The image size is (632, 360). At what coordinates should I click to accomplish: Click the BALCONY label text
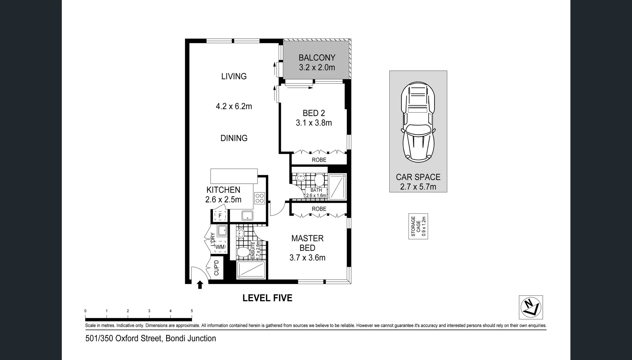tap(316, 58)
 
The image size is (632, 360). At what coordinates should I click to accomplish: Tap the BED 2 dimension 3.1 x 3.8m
tap(314, 123)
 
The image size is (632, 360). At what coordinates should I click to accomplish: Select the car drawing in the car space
tap(418, 122)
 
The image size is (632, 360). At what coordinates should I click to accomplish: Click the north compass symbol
tap(531, 307)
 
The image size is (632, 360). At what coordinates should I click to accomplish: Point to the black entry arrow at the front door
tap(200, 285)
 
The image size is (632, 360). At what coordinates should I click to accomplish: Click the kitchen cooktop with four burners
tap(259, 198)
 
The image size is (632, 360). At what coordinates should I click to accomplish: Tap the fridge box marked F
tap(220, 216)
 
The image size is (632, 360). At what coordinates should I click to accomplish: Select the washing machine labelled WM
tap(220, 247)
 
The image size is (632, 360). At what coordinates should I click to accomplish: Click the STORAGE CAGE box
tap(418, 226)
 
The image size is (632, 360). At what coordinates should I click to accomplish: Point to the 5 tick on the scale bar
tap(192, 311)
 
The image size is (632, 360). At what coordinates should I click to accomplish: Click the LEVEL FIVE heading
tap(267, 298)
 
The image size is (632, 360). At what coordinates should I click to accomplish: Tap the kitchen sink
tap(247, 216)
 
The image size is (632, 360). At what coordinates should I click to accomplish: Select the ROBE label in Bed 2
tap(319, 160)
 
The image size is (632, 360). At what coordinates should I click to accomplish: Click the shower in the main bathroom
tap(337, 187)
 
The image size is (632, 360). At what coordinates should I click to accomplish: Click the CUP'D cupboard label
tap(216, 268)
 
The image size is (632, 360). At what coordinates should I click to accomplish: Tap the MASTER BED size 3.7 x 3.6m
tap(307, 258)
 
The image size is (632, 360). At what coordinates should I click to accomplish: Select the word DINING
tap(234, 138)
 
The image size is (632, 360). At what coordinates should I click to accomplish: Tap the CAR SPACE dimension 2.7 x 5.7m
tap(418, 187)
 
